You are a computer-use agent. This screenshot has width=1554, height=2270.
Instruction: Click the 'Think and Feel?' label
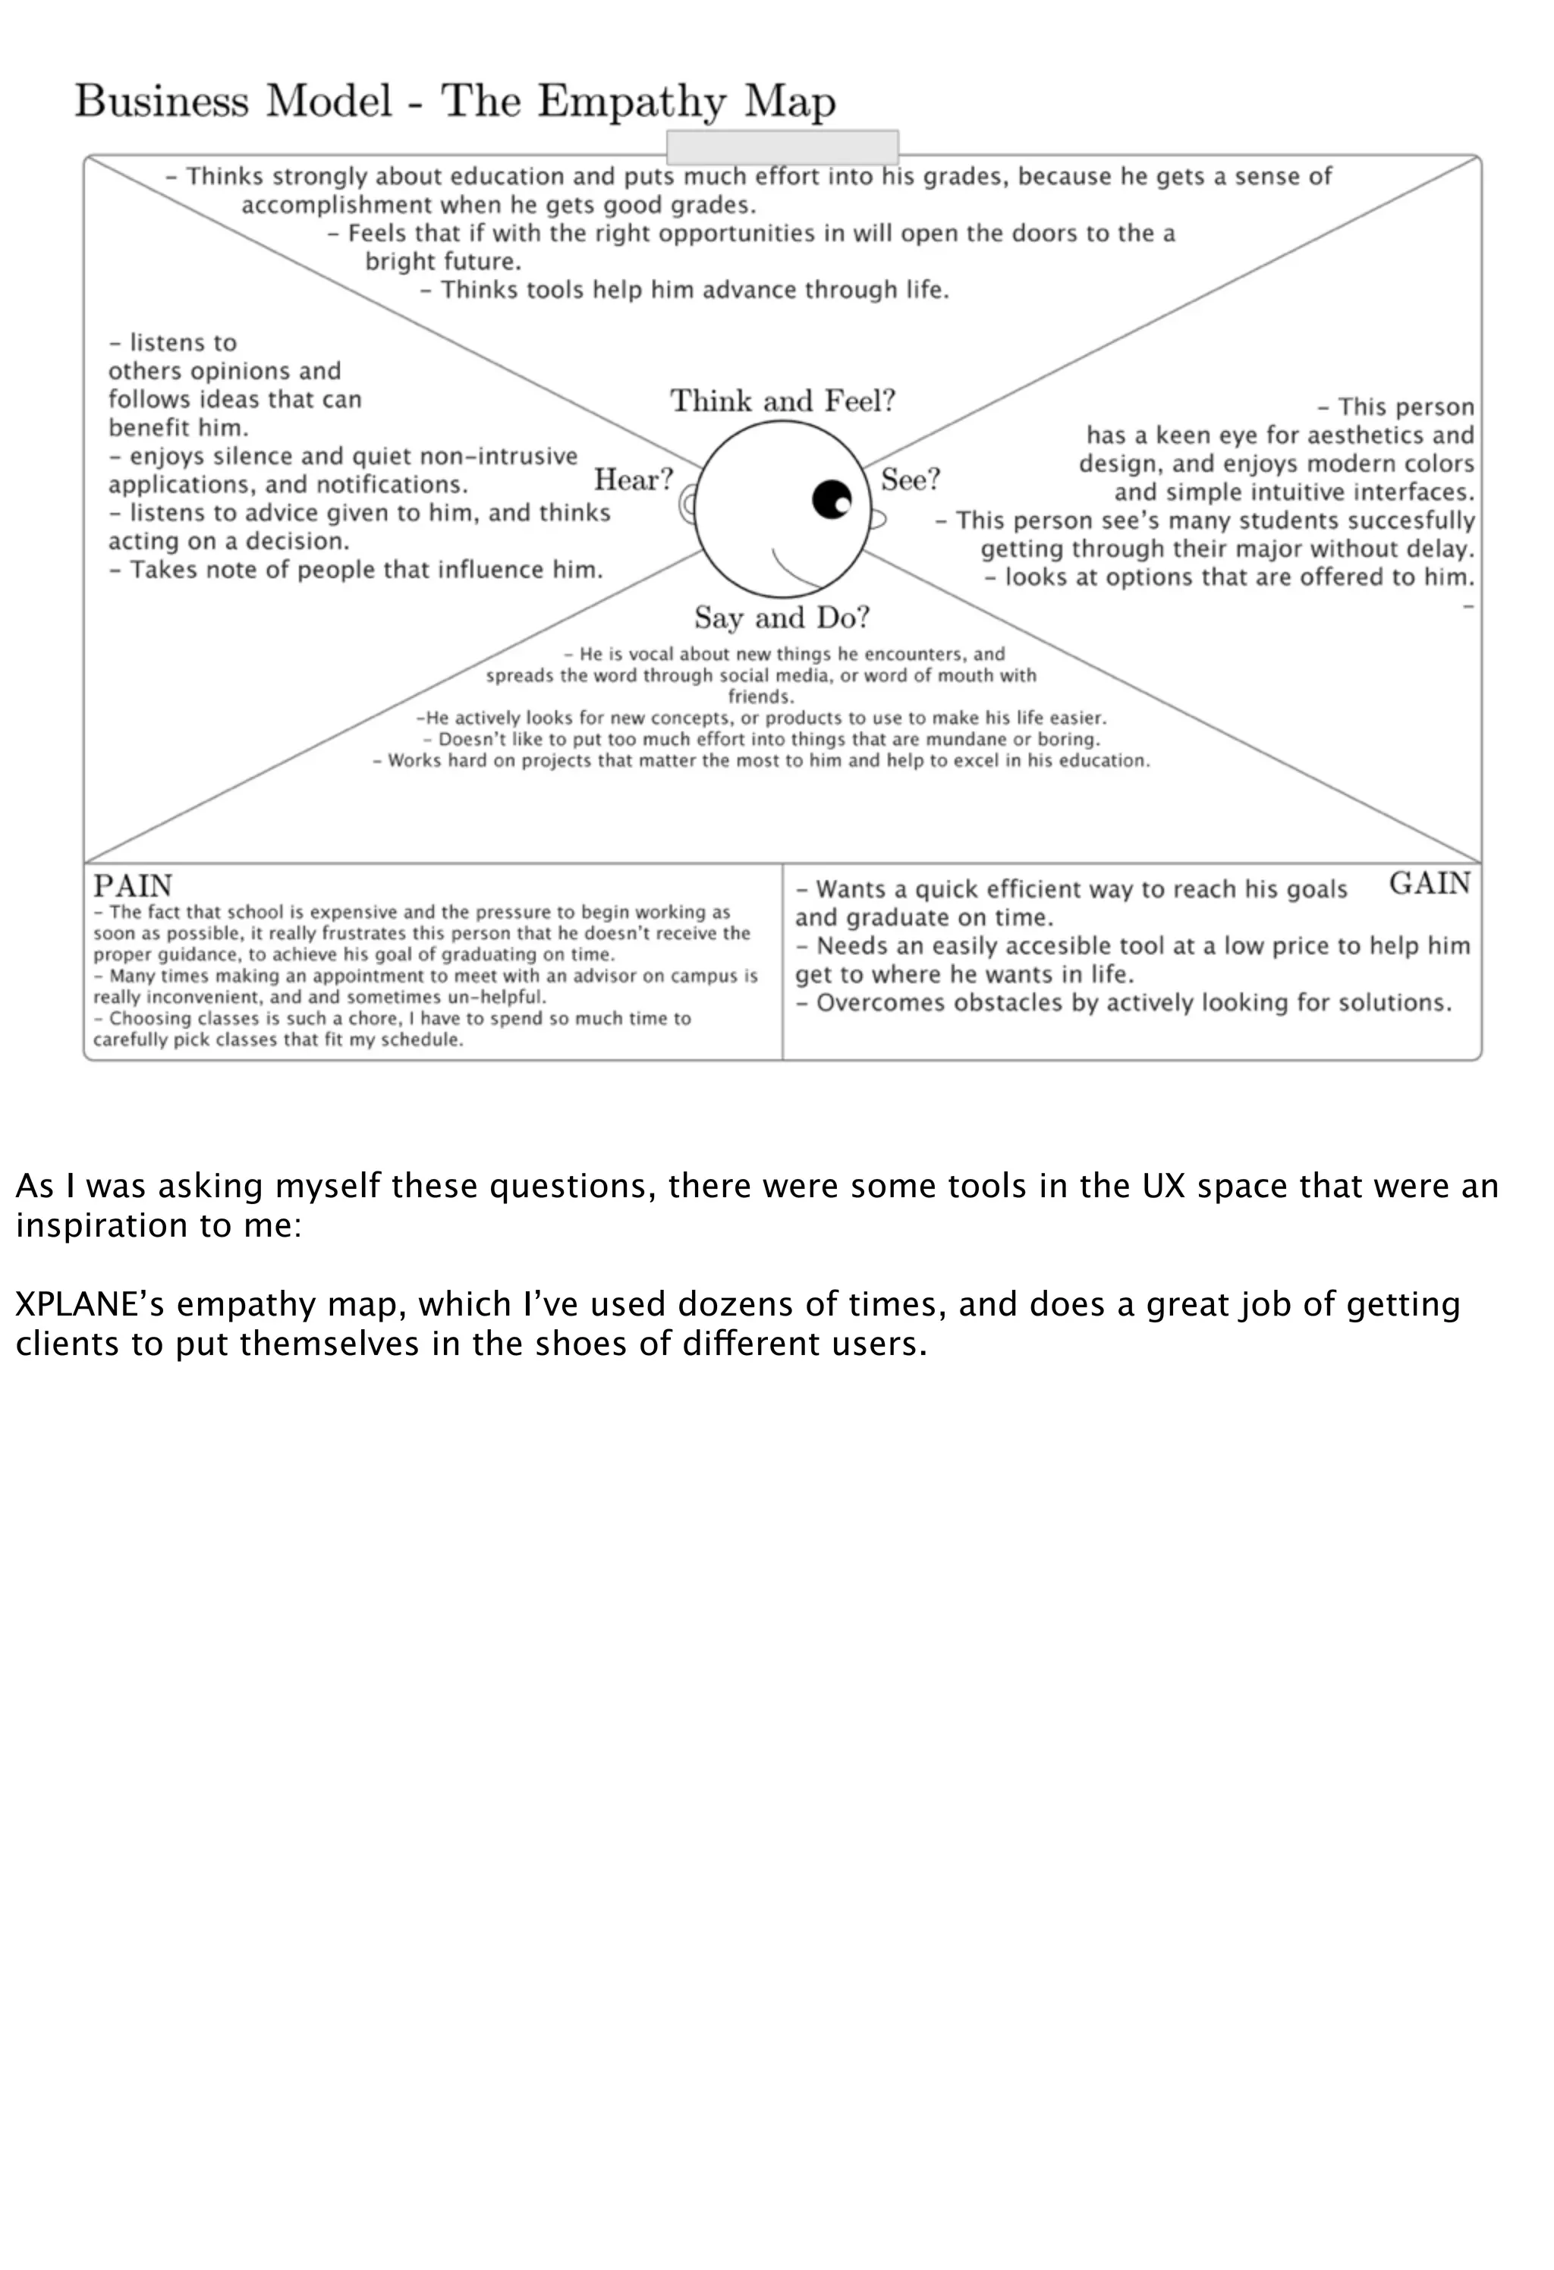pos(782,401)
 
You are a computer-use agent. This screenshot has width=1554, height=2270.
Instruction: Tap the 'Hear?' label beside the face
pos(634,479)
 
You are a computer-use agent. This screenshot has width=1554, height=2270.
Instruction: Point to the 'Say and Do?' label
pos(782,618)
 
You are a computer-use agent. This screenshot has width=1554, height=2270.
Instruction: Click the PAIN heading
pos(133,886)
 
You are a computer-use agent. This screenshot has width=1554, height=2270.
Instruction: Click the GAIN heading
pos(1429,883)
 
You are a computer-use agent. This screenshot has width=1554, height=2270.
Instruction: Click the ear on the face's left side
pos(687,505)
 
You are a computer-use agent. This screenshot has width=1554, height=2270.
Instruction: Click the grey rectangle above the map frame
pos(782,147)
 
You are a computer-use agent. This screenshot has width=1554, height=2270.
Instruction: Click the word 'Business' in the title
pos(162,102)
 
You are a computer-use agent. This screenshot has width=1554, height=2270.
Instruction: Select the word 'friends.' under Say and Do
pos(761,696)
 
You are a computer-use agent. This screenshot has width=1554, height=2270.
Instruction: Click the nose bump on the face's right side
pos(877,520)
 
